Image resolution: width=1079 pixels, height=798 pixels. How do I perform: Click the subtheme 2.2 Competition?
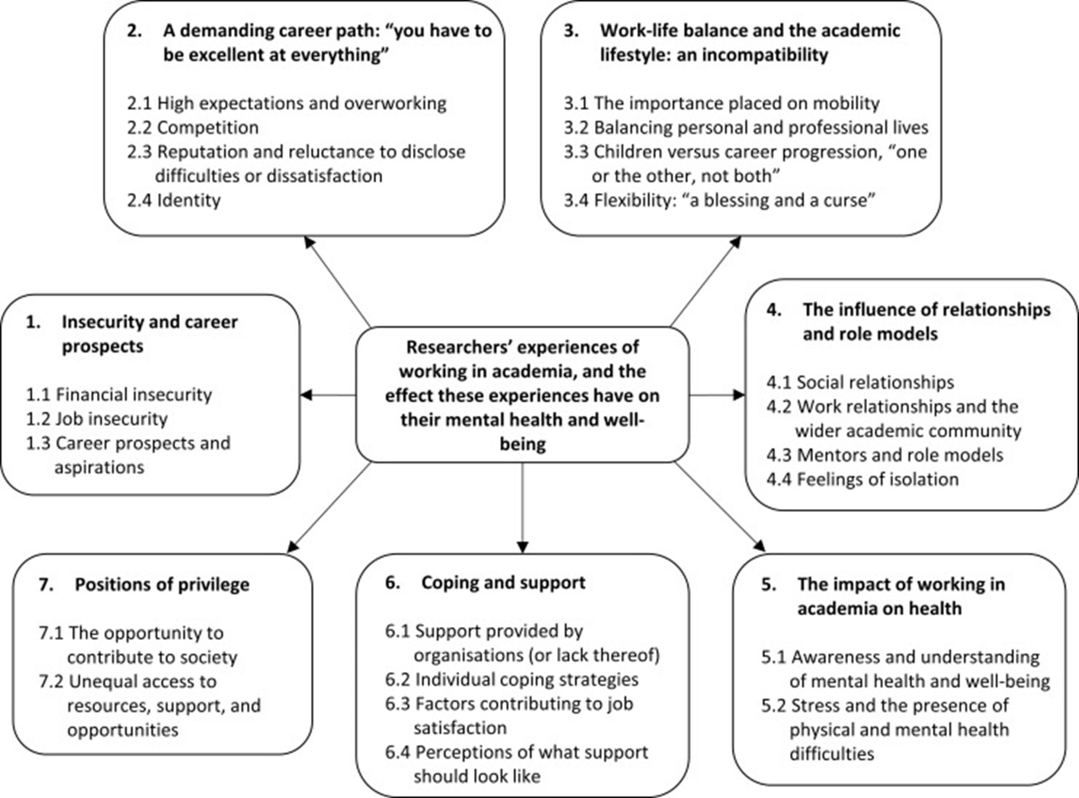193,128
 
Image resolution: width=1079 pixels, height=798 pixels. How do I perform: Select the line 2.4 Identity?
174,200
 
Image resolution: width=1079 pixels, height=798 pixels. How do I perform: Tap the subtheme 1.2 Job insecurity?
97,419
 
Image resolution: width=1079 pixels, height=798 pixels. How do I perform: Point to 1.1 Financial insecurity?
119,395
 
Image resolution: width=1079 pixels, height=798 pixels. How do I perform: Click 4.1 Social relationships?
860,382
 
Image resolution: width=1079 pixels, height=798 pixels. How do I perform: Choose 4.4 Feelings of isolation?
862,479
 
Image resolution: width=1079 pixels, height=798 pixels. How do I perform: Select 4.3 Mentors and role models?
884,455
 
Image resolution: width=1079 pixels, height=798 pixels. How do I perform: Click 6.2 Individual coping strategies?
512,680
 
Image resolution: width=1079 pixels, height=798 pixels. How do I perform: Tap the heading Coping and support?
503,583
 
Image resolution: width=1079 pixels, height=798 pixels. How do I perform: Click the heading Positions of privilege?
162,585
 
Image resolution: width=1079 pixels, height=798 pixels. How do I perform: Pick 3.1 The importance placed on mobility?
722,103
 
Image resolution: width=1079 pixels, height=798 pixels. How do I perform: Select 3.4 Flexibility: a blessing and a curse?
719,200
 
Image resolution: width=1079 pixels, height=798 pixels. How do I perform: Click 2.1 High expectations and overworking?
287,103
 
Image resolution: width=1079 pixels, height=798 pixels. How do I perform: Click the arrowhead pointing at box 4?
739,395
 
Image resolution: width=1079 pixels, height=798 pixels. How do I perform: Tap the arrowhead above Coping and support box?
522,547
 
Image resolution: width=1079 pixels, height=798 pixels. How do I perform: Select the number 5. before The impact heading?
768,585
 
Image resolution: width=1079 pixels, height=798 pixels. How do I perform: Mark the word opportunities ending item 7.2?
123,730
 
